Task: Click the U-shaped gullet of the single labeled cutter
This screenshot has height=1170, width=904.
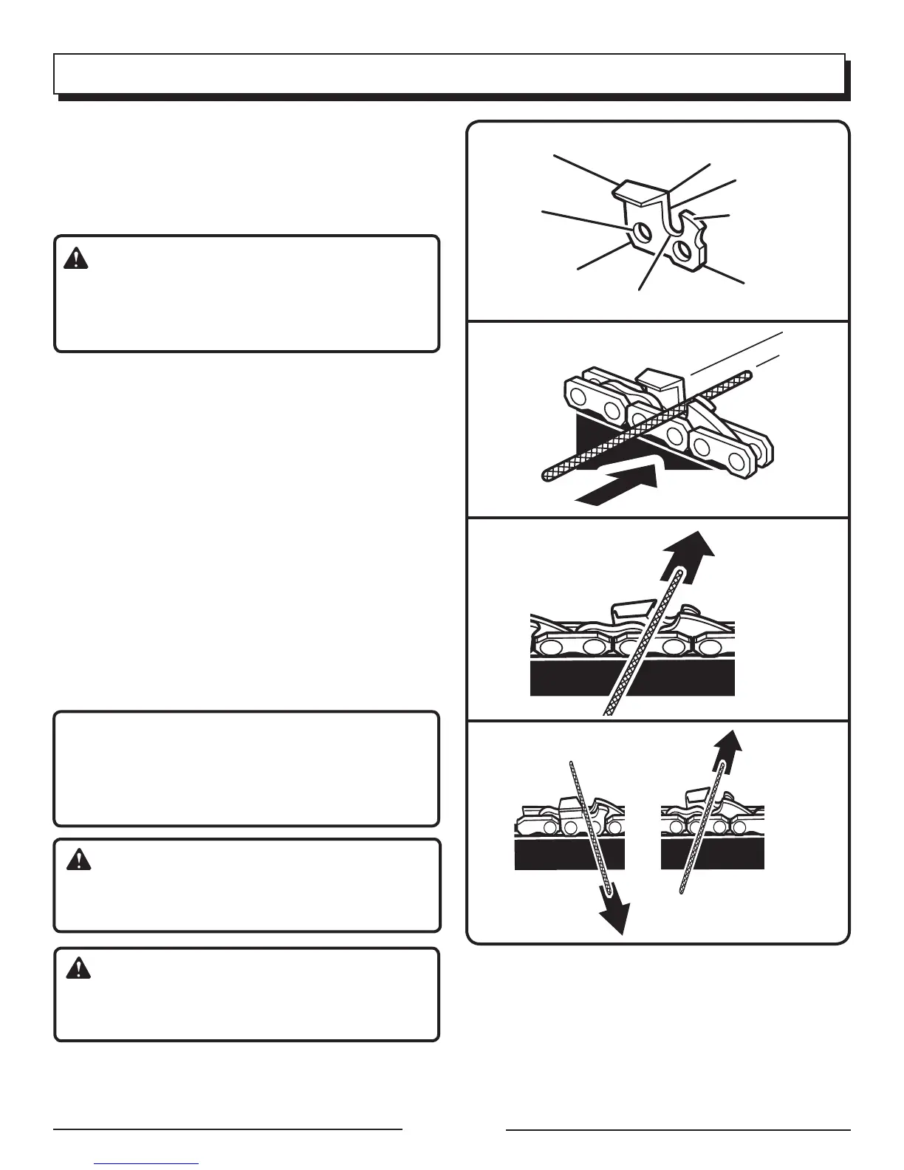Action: pyautogui.click(x=671, y=222)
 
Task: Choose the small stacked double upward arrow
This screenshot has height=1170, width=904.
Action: pyautogui.click(x=727, y=753)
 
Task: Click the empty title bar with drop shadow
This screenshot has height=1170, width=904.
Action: pyautogui.click(x=449, y=74)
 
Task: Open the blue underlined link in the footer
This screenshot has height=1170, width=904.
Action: pyautogui.click(x=147, y=1163)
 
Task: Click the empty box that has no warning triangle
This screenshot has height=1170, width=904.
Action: pyautogui.click(x=246, y=768)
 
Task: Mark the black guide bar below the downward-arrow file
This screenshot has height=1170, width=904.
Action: pyautogui.click(x=569, y=855)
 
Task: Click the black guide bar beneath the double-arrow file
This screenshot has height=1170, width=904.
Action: pyautogui.click(x=713, y=855)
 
